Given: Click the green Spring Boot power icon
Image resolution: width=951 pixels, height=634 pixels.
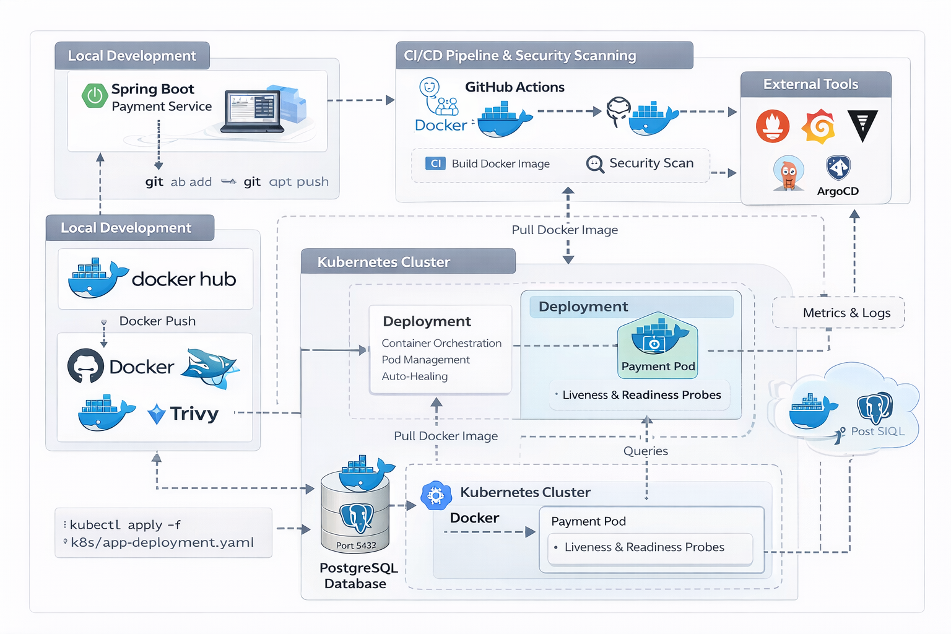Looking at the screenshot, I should [x=95, y=95].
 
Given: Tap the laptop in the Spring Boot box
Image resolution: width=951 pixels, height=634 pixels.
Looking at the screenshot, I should [x=253, y=112].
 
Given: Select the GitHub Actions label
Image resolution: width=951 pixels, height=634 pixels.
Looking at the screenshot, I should [x=515, y=87].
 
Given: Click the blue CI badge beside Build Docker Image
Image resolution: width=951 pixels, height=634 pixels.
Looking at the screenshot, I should [x=435, y=163].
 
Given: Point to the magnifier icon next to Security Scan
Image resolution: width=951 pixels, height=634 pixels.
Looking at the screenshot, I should [x=595, y=164].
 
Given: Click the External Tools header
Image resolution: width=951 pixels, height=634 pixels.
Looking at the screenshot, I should [x=810, y=84].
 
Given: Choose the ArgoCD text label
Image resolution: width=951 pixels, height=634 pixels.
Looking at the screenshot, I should [x=838, y=191].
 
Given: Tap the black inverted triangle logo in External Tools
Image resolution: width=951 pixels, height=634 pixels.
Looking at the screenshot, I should [x=862, y=126].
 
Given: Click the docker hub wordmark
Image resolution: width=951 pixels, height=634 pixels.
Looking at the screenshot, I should [x=184, y=279].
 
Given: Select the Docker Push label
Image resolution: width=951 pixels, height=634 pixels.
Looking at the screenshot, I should [x=157, y=321].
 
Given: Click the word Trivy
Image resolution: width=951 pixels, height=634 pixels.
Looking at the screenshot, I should [x=194, y=414].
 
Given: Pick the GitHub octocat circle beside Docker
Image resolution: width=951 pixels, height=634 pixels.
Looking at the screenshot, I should [x=85, y=366].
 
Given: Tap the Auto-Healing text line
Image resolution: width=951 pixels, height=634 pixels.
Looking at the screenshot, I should [x=415, y=376].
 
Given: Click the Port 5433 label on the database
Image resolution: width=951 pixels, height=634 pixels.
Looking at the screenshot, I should [x=356, y=545].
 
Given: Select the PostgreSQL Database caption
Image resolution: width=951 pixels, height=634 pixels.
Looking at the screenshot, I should [x=358, y=576].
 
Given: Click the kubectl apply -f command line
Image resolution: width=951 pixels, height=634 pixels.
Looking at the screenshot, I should [x=125, y=525].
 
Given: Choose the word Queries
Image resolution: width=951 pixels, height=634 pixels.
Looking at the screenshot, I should [x=645, y=451].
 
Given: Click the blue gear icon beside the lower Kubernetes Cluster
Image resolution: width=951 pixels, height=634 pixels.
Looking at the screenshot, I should [x=436, y=495].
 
